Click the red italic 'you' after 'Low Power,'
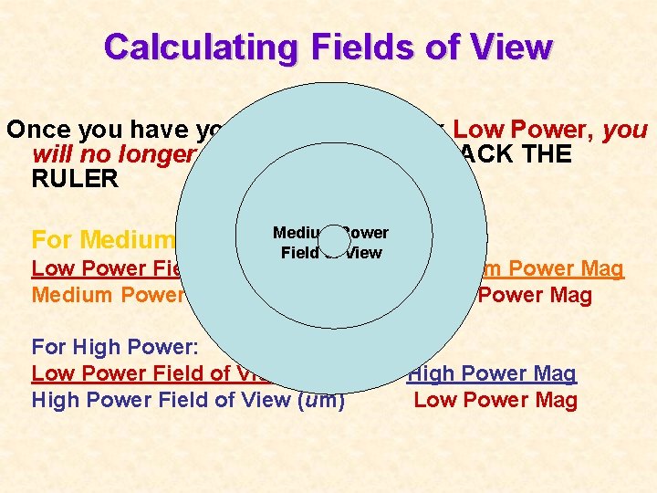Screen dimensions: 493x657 click(626, 130)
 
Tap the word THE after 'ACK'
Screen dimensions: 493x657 click(547, 153)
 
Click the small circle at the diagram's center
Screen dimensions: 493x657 click(334, 239)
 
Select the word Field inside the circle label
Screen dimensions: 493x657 click(298, 253)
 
